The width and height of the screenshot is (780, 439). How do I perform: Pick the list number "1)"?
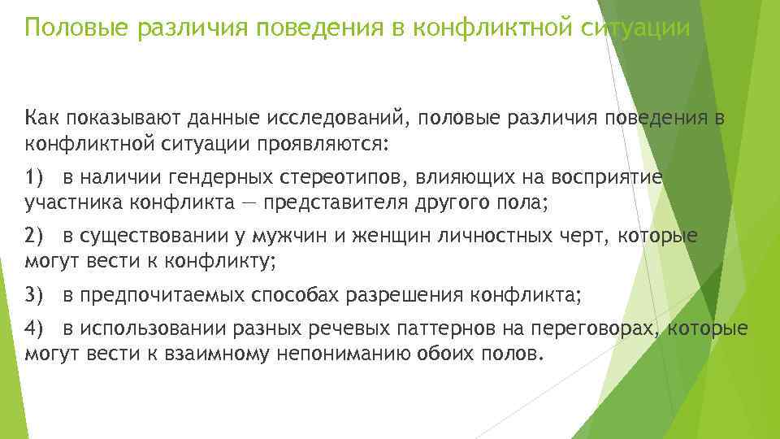37,178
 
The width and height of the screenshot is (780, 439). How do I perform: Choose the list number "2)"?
37,237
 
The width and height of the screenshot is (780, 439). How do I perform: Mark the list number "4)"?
37,329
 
